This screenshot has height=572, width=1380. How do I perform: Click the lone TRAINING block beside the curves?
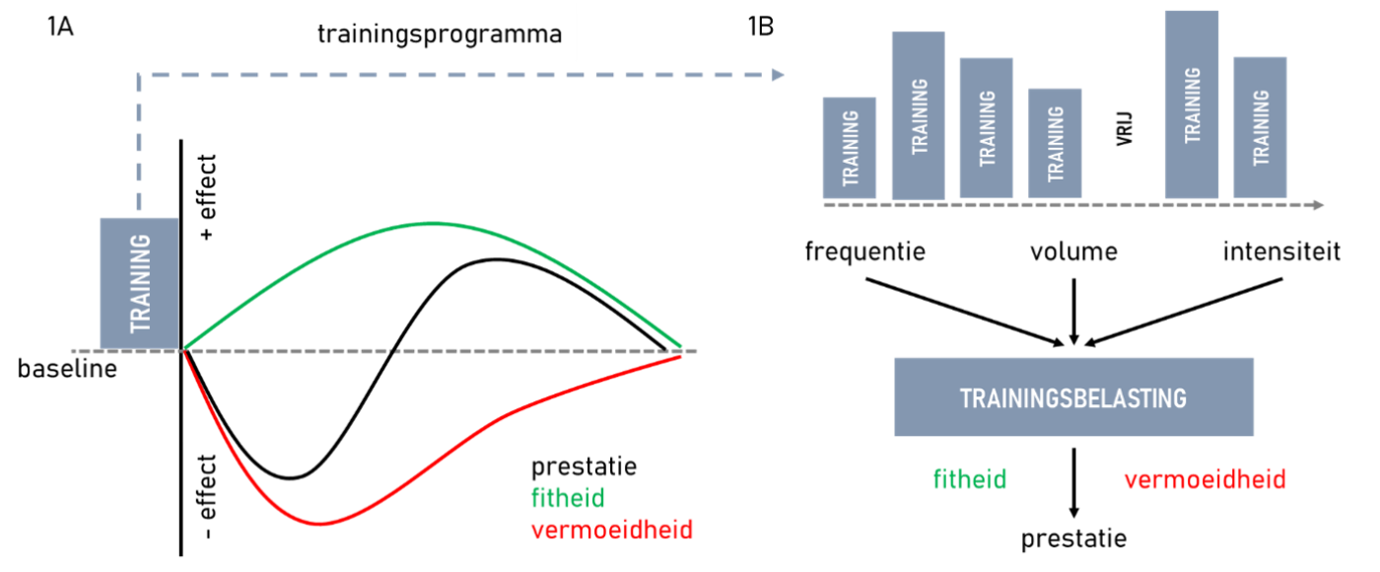tap(138, 283)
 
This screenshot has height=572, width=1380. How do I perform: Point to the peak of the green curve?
tap(431, 224)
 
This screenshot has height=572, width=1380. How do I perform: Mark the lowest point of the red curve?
tap(318, 524)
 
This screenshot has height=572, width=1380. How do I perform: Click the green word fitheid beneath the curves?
tap(568, 497)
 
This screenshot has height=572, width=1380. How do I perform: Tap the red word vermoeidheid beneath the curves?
tap(611, 530)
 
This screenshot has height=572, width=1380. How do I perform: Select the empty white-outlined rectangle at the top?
tap(440, 33)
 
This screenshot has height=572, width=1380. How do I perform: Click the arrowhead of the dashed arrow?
tap(778, 75)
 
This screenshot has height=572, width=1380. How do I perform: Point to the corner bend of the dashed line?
tap(139, 75)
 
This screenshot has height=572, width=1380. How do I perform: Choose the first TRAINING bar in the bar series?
tap(850, 149)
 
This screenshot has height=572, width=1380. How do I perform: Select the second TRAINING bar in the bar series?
tap(918, 116)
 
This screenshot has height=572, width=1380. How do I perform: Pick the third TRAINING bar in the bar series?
tap(986, 129)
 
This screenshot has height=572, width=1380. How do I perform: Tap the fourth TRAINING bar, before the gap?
tap(1055, 144)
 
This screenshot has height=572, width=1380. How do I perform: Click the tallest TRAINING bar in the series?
tap(1192, 106)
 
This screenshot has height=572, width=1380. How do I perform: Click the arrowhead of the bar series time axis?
tap(1318, 205)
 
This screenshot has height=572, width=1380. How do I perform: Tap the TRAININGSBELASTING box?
tap(1073, 397)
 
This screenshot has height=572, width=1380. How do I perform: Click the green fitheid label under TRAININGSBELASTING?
tap(970, 479)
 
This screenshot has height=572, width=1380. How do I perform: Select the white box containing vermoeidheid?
tap(1205, 478)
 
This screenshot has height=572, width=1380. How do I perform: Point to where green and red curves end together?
tap(681, 351)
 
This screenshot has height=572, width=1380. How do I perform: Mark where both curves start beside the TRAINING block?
tap(184, 350)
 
